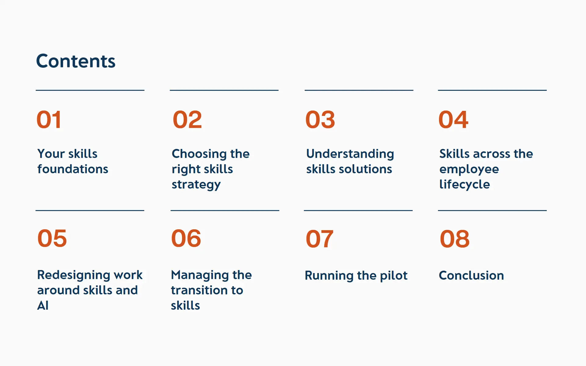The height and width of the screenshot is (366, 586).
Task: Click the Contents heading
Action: pyautogui.click(x=76, y=61)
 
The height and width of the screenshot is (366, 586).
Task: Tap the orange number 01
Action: pyautogui.click(x=49, y=120)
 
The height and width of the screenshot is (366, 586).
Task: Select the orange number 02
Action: pyautogui.click(x=187, y=120)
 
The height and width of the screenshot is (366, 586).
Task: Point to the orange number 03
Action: pyautogui.click(x=320, y=120)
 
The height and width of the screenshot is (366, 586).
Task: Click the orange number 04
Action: pyautogui.click(x=453, y=120)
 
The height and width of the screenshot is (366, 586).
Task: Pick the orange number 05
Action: pyautogui.click(x=52, y=238)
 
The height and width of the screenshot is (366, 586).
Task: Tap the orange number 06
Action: pyautogui.click(x=186, y=238)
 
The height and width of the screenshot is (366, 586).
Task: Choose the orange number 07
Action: pyautogui.click(x=320, y=239)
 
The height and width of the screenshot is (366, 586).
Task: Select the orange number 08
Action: pyautogui.click(x=454, y=239)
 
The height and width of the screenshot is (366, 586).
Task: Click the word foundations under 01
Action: pyautogui.click(x=73, y=169)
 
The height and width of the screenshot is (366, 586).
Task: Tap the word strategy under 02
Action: pyautogui.click(x=196, y=185)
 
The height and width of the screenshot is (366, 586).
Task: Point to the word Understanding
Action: pyautogui.click(x=350, y=154)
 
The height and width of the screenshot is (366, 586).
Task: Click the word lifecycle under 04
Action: pyautogui.click(x=465, y=185)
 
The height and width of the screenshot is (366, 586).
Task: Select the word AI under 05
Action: pyautogui.click(x=43, y=306)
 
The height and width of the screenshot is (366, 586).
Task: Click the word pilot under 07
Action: pyautogui.click(x=394, y=276)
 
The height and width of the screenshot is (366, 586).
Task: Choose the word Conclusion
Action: pyautogui.click(x=471, y=275)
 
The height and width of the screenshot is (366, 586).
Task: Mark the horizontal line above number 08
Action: pyautogui.click(x=492, y=210)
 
